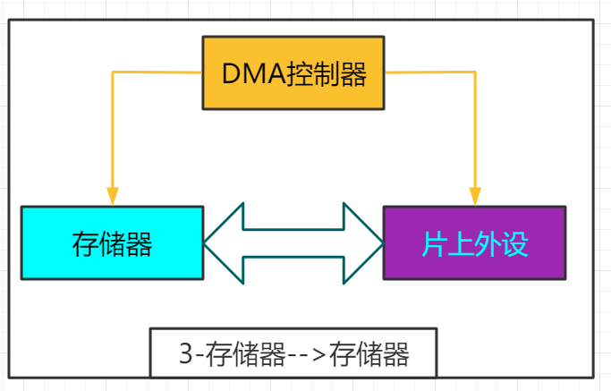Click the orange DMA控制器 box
point(293,73)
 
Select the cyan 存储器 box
point(112,243)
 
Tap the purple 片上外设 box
point(474,243)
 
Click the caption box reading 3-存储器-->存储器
point(293,354)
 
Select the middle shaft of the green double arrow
point(293,243)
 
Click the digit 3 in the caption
point(185,355)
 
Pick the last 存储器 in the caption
point(369,355)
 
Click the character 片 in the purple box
point(435,244)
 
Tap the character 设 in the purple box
point(515,244)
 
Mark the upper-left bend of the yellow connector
point(112,72)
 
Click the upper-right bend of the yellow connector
point(475,72)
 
